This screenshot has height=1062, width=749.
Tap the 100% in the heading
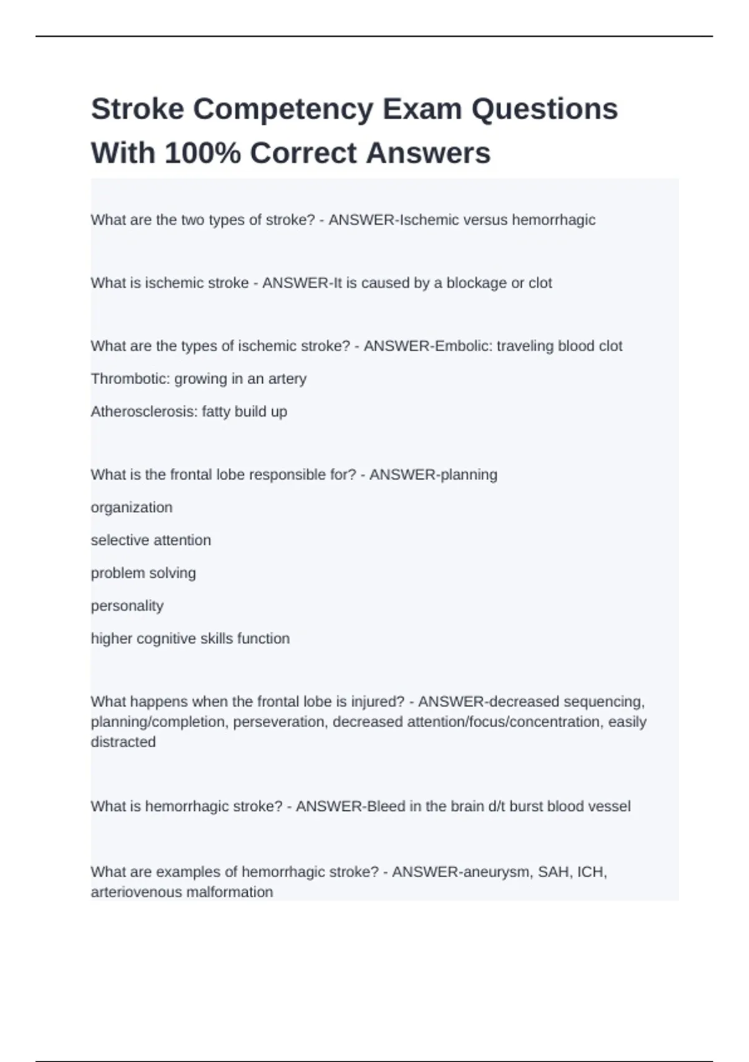(x=202, y=153)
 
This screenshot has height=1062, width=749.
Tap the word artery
(x=287, y=379)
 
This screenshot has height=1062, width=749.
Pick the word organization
(x=132, y=507)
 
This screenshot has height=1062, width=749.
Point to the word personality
(x=127, y=606)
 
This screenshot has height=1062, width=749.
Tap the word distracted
(x=123, y=742)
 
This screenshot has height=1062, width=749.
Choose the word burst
(x=526, y=806)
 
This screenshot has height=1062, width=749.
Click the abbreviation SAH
(x=552, y=871)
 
